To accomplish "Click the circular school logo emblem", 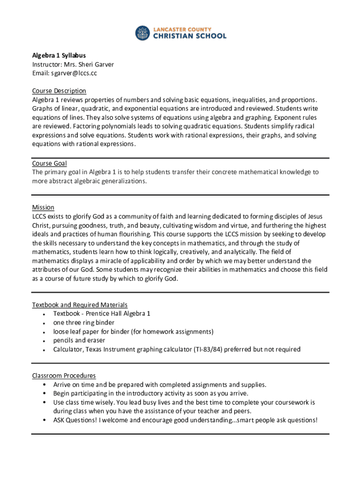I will point(143,33).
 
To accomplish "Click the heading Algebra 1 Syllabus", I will point(59,56).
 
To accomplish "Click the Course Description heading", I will point(59,91).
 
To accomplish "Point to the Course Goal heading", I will point(49,163).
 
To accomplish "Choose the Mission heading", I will point(43,207).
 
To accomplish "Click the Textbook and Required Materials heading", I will point(79,305).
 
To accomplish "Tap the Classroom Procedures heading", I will point(64,376).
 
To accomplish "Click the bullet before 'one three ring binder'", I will point(43,323).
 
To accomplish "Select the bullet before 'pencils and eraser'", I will point(43,341).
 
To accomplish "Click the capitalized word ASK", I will point(59,420).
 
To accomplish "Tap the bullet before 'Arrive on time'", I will point(43,385).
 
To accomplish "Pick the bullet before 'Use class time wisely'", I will point(43,403).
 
